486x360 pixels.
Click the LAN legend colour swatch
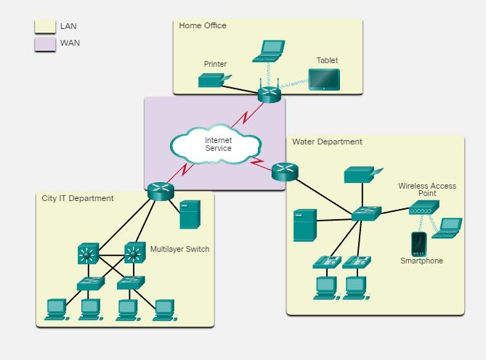(x=44, y=26)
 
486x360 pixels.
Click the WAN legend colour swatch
(x=44, y=44)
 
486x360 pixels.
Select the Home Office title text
(x=203, y=25)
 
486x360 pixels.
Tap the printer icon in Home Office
(x=214, y=80)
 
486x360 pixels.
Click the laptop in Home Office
(x=268, y=52)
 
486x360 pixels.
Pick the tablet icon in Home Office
(x=323, y=79)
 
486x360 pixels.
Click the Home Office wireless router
(x=269, y=94)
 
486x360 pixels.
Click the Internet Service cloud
(x=216, y=144)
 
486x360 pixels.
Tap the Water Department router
(x=284, y=172)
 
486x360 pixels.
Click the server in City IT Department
(x=189, y=215)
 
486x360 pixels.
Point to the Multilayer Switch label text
(x=179, y=249)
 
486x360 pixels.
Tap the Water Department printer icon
(x=359, y=175)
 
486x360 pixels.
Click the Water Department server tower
(x=304, y=225)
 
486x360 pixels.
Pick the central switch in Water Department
(x=366, y=213)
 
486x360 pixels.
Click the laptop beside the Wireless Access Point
(x=447, y=228)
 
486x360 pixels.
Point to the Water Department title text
(x=327, y=142)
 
